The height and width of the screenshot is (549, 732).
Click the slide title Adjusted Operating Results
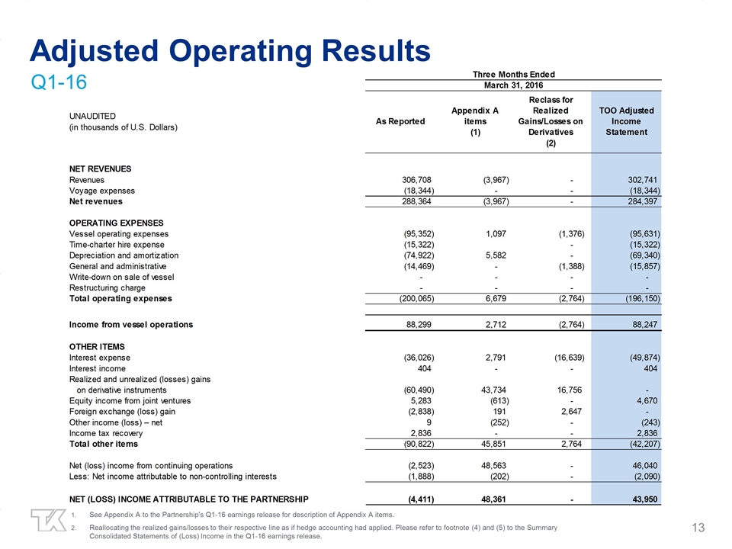(x=230, y=50)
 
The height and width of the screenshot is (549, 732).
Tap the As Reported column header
(x=400, y=121)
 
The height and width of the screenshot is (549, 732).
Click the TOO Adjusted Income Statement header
(x=626, y=121)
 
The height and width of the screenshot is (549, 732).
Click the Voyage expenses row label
(x=101, y=191)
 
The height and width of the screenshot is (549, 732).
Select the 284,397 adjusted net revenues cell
(x=638, y=202)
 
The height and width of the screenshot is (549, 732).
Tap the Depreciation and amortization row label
(x=124, y=255)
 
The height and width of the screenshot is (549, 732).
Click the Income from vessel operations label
(x=131, y=325)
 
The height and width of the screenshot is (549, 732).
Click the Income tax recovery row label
(x=105, y=432)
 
